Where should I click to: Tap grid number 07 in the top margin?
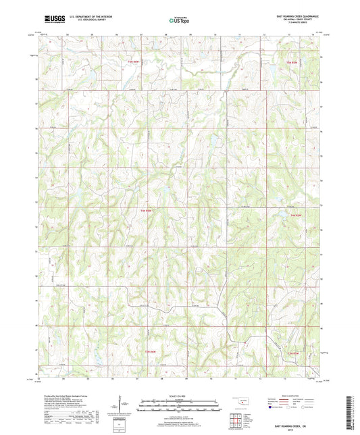click(x=140, y=33)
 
